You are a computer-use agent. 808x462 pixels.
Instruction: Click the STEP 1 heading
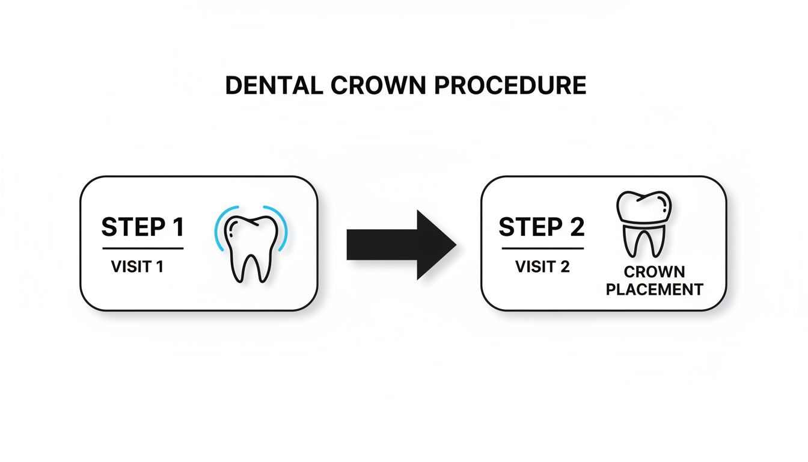point(142,228)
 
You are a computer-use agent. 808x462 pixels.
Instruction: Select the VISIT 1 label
point(137,266)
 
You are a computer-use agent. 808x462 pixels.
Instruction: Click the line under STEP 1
point(142,248)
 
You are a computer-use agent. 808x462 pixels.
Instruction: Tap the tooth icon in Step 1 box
point(251,247)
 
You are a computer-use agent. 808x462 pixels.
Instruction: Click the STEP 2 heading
point(542,228)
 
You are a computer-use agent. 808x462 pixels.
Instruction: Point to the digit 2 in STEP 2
point(577,228)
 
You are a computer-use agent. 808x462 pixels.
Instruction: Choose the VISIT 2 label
point(542,266)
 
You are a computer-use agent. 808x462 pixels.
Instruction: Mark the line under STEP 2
point(542,248)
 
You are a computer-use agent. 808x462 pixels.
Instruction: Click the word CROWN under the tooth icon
point(654,273)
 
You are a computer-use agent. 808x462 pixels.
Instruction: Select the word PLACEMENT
point(654,289)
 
